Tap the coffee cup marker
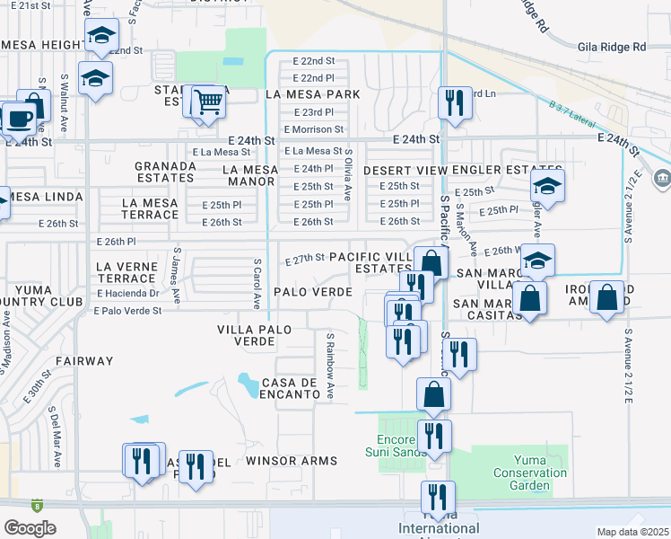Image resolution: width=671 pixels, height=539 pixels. (18, 119)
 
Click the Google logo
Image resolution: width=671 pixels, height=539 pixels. (30, 528)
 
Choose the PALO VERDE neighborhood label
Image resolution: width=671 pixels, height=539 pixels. (312, 292)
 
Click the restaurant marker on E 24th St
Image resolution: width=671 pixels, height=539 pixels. (456, 102)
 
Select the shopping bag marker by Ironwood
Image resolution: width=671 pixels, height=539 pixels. (607, 299)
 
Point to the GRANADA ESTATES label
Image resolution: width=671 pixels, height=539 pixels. (165, 172)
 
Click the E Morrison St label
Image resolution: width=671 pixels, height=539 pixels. (314, 129)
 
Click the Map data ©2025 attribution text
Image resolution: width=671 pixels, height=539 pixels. (633, 532)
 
